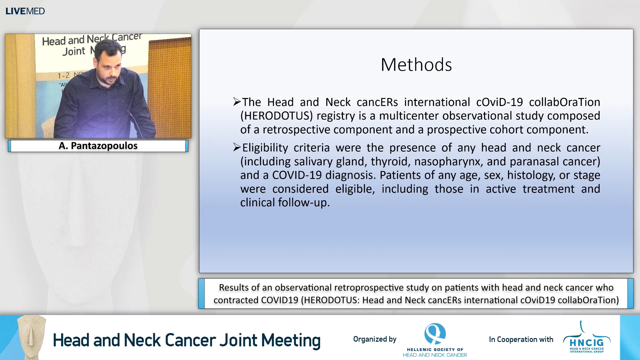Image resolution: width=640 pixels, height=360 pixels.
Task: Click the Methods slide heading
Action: (x=416, y=65)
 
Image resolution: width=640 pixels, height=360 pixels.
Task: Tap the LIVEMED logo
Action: (x=25, y=11)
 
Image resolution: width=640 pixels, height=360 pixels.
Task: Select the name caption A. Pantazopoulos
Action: (x=98, y=146)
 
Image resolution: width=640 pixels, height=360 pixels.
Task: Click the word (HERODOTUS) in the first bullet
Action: (x=277, y=116)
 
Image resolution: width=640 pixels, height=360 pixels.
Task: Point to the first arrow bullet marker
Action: (x=237, y=102)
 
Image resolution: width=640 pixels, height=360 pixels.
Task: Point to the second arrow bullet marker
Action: (x=237, y=147)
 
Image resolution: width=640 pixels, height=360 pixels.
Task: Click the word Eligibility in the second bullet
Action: (x=265, y=148)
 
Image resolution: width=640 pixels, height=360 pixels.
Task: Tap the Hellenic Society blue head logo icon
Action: (x=435, y=333)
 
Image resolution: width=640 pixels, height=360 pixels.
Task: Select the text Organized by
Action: (x=375, y=339)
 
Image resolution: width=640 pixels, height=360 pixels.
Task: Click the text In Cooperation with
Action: (x=521, y=339)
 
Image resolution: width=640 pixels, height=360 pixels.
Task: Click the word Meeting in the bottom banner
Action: (x=291, y=340)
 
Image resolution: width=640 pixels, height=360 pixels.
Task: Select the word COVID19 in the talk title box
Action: (x=279, y=300)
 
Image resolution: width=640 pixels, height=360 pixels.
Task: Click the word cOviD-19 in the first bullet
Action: (x=499, y=102)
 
